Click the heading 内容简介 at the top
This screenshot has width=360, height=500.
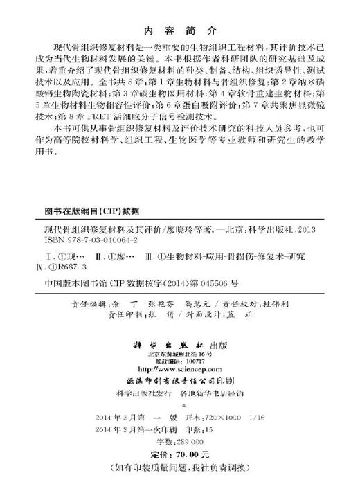point(179,30)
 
